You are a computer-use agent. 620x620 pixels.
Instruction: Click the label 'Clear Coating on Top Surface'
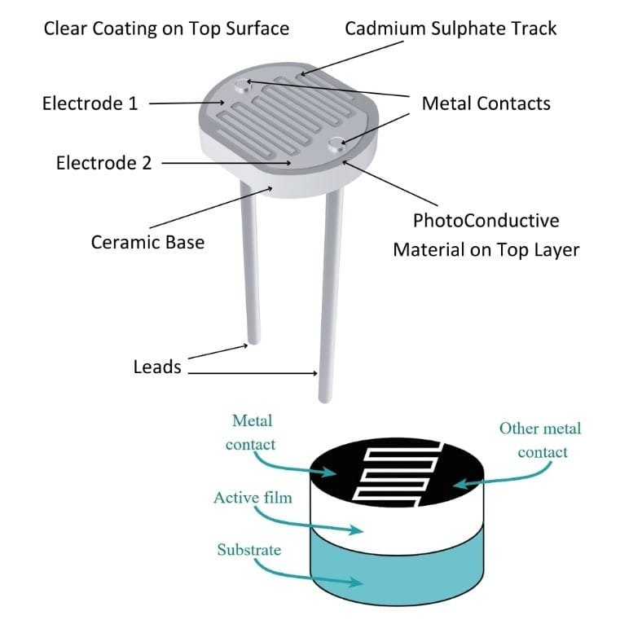pyautogui.click(x=166, y=29)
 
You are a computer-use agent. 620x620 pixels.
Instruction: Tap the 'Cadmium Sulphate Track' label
pyautogui.click(x=451, y=29)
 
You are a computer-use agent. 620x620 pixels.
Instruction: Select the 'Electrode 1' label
pyautogui.click(x=90, y=103)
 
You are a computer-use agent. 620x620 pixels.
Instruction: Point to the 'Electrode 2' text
pyautogui.click(x=103, y=163)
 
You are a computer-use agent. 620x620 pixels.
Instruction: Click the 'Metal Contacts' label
pyautogui.click(x=486, y=103)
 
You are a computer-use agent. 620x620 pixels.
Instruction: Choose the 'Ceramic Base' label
pyautogui.click(x=147, y=242)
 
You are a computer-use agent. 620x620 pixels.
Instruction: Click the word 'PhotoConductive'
pyautogui.click(x=486, y=221)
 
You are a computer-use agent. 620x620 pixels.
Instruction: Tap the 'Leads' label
pyautogui.click(x=157, y=367)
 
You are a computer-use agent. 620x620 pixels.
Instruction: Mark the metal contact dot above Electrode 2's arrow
pyautogui.click(x=338, y=145)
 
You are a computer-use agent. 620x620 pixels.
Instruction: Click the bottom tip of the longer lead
pyautogui.click(x=326, y=397)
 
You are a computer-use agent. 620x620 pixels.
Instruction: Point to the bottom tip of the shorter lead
pyautogui.click(x=253, y=341)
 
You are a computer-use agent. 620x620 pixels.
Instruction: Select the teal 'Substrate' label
pyautogui.click(x=248, y=550)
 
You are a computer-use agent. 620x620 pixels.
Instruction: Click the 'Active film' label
pyautogui.click(x=246, y=497)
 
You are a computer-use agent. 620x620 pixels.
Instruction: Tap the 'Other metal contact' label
pyautogui.click(x=540, y=439)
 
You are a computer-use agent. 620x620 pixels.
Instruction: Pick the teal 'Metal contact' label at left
pyautogui.click(x=252, y=433)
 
